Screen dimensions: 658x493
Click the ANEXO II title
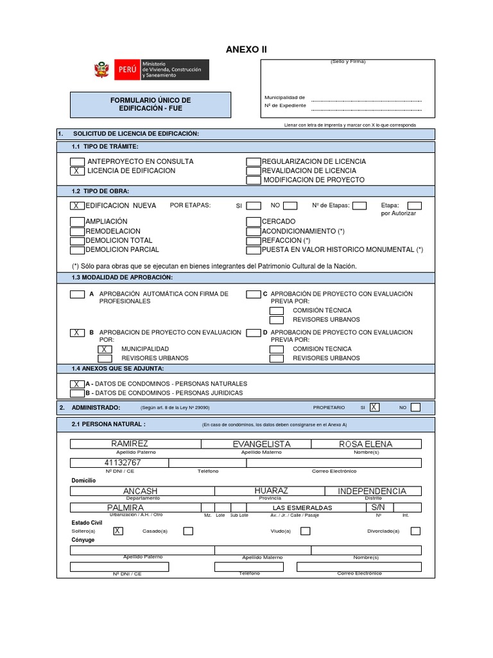(x=246, y=49)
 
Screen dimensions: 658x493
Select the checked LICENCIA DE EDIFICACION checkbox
(x=76, y=171)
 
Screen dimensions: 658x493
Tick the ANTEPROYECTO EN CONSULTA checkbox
(x=76, y=161)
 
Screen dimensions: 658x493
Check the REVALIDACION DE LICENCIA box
(x=253, y=171)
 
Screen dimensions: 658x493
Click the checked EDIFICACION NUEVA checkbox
(x=76, y=206)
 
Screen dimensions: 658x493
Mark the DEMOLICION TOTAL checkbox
(x=76, y=240)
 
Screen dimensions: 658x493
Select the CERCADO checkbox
(x=253, y=222)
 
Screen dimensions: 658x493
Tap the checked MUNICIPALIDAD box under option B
(x=105, y=349)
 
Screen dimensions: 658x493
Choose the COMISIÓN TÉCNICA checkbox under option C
(x=276, y=310)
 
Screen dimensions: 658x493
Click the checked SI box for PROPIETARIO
(x=374, y=407)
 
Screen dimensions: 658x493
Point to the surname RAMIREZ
(x=130, y=444)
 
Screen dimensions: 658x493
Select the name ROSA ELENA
(x=366, y=444)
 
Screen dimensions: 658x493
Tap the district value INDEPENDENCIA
(x=372, y=491)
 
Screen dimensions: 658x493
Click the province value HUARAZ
(x=271, y=491)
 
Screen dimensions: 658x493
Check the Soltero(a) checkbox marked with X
(x=117, y=531)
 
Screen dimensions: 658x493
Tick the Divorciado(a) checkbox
(x=415, y=531)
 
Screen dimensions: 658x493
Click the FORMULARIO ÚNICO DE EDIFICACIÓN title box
(x=151, y=105)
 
